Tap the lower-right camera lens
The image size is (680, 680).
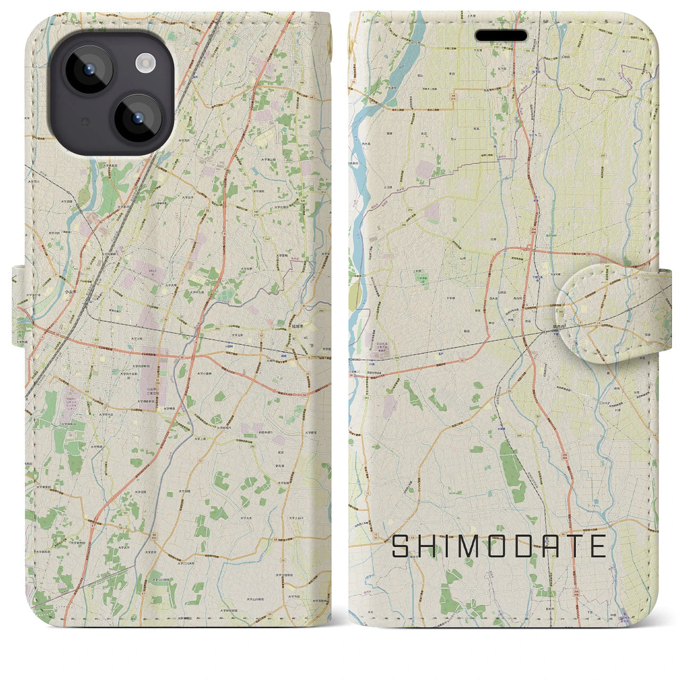point(138,118)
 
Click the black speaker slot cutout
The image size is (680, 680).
point(501,36)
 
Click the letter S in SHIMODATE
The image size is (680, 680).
point(402,547)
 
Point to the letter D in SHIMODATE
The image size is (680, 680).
point(521,547)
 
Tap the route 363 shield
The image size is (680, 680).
point(366,397)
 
